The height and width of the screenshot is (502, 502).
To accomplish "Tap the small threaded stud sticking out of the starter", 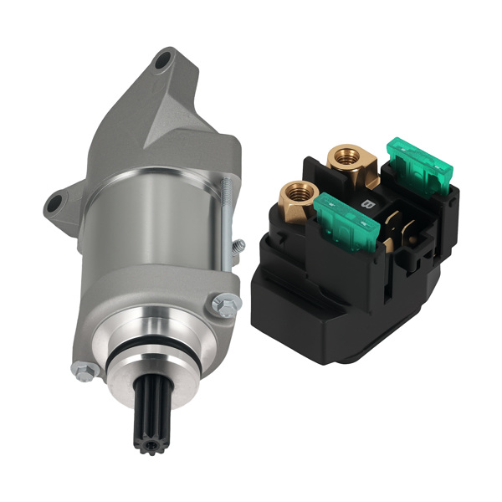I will [238, 246].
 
